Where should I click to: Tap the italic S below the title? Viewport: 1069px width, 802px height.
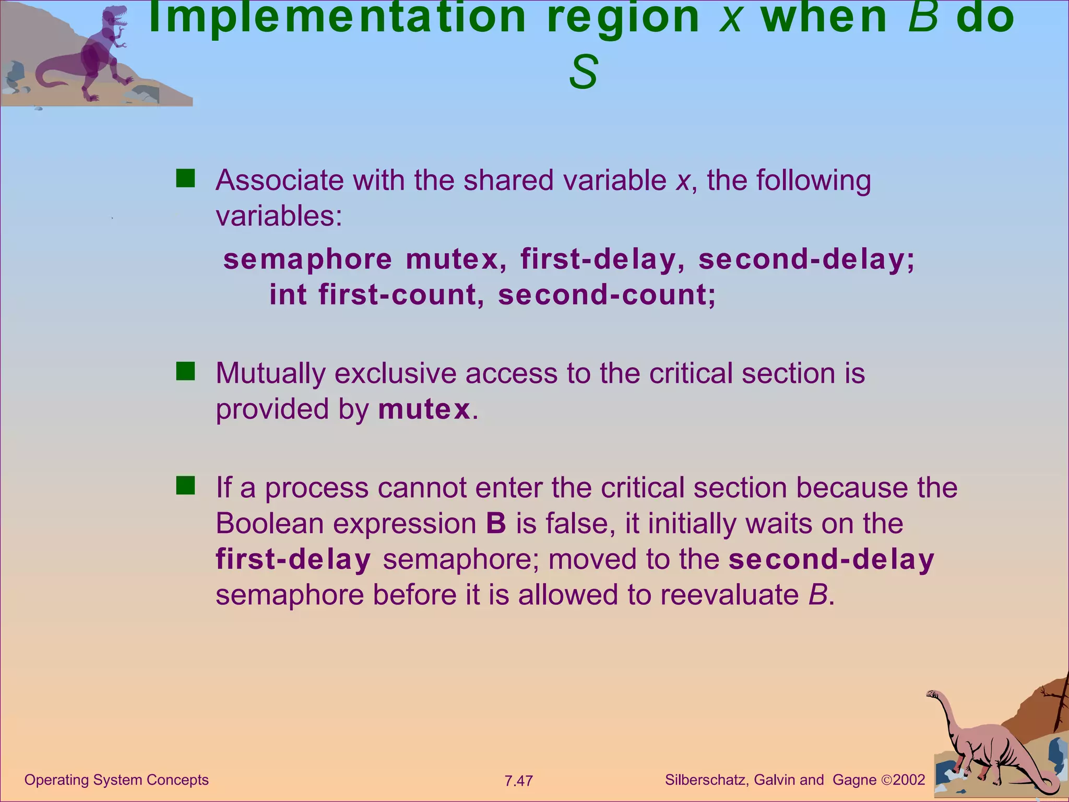583,73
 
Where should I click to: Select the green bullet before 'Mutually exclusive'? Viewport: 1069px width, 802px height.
185,372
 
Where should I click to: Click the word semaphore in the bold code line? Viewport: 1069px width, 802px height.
307,260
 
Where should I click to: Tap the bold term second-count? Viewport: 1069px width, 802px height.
607,294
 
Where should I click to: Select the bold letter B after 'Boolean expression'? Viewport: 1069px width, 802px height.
496,523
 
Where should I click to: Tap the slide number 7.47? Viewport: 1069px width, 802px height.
518,781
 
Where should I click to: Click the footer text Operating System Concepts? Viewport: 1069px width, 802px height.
116,780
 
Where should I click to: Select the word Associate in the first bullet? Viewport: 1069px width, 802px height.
279,180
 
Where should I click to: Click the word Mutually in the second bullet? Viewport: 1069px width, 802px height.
270,373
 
